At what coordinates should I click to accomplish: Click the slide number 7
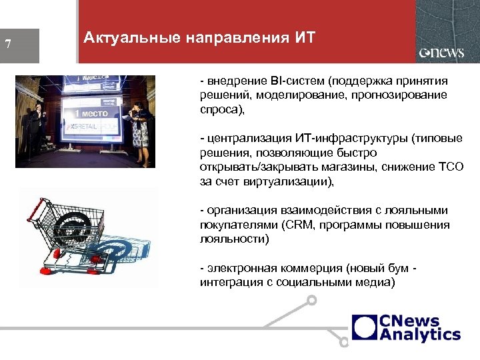8,45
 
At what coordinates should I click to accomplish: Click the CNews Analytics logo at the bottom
407,327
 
